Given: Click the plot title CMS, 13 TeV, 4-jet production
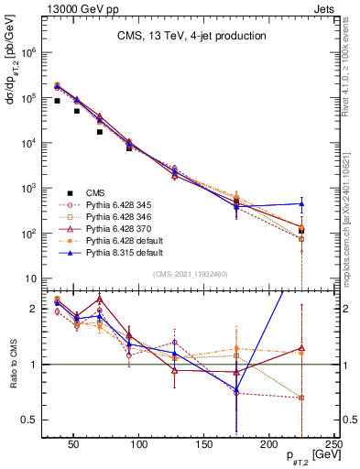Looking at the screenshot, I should (x=191, y=37).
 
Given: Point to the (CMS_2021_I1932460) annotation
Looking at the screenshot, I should (x=191, y=274).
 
